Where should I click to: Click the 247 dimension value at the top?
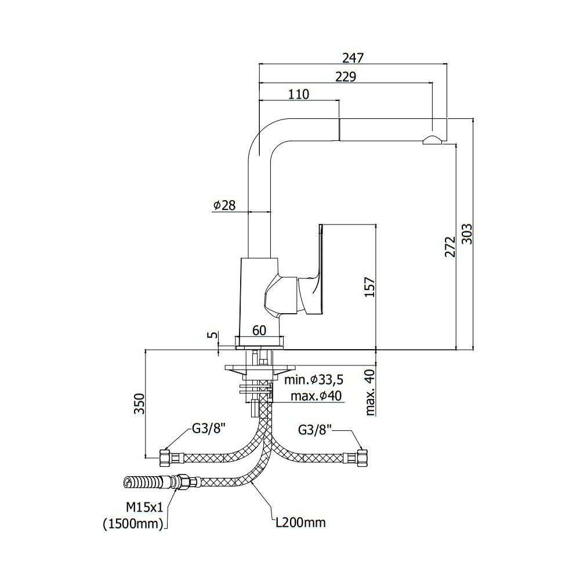pyautogui.click(x=353, y=58)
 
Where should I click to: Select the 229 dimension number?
pyautogui.click(x=346, y=77)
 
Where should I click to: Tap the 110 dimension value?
pyautogui.click(x=299, y=95)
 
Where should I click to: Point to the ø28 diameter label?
pyautogui.click(x=224, y=205)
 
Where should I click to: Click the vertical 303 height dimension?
pyautogui.click(x=467, y=234)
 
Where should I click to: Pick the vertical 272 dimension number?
pyautogui.click(x=450, y=247)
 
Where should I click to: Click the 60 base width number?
pyautogui.click(x=259, y=331)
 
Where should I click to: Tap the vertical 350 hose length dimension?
pyautogui.click(x=139, y=404)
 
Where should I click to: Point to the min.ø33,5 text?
pyautogui.click(x=314, y=379)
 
